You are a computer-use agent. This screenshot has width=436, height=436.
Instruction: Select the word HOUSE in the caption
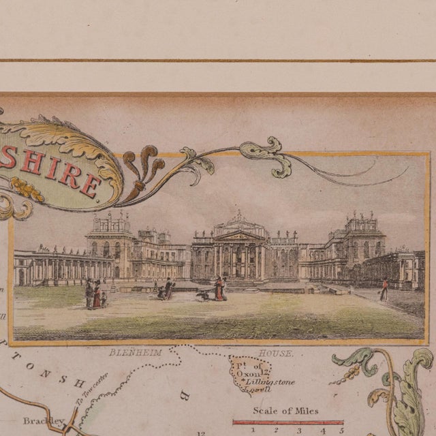[277, 353]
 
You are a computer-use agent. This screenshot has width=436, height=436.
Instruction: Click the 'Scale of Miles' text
[285, 411]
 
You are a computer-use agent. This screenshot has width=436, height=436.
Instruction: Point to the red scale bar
[287, 422]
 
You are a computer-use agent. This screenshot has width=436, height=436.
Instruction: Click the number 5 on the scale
[341, 430]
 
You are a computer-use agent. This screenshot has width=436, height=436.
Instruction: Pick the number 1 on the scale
[253, 430]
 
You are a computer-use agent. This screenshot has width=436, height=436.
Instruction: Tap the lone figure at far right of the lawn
[384, 290]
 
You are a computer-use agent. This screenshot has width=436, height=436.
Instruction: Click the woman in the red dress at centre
[220, 288]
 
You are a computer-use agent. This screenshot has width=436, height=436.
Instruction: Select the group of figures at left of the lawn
[95, 294]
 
